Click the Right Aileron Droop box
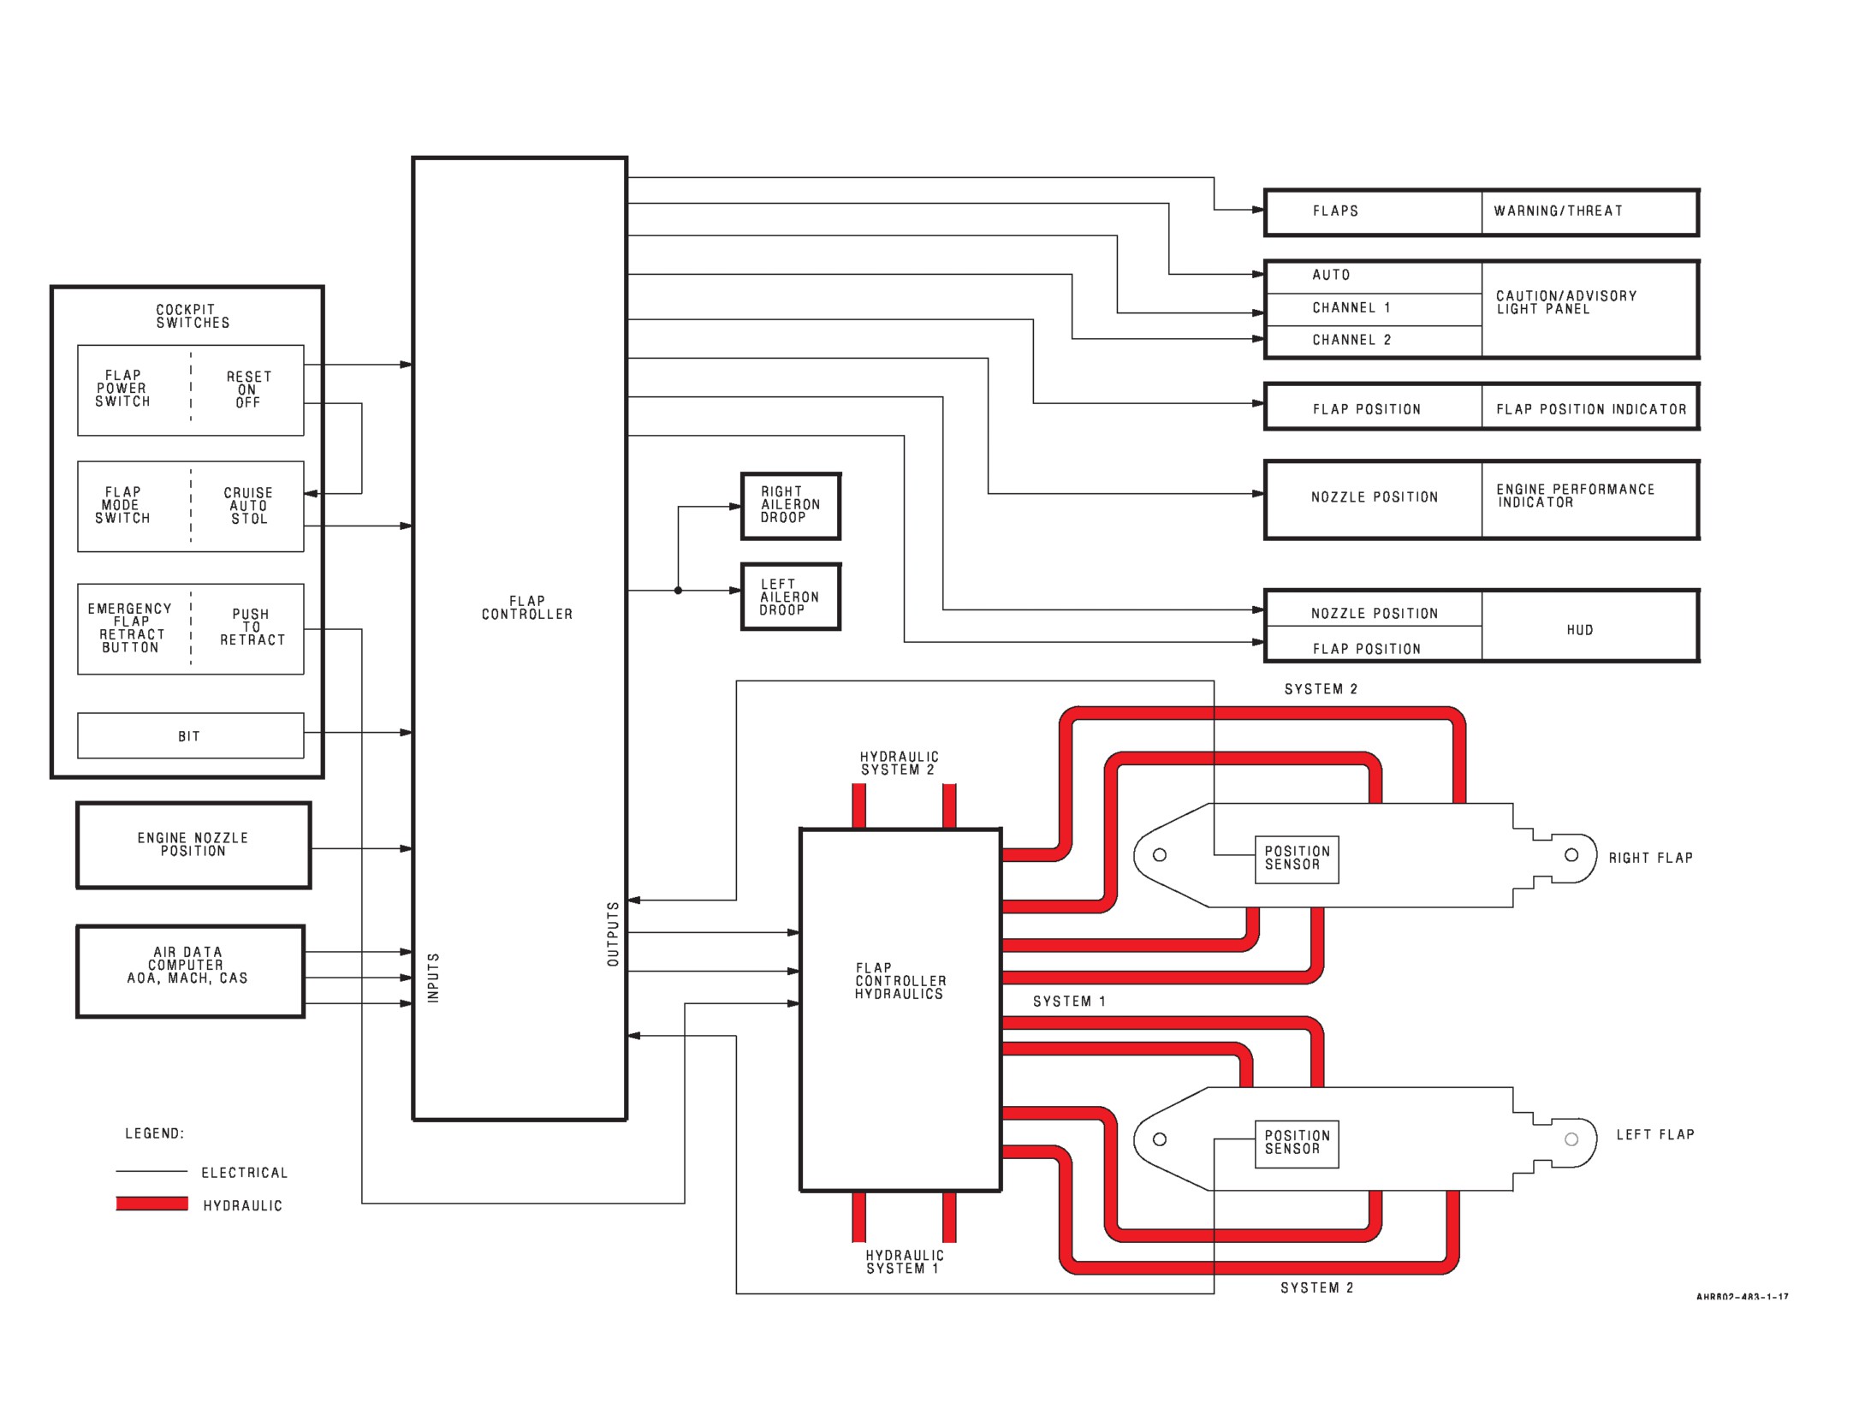[x=791, y=506]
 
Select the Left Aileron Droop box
[x=791, y=597]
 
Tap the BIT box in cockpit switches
[x=190, y=735]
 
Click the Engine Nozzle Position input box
[x=193, y=845]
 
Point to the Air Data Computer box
[x=190, y=971]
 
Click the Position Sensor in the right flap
[x=1296, y=859]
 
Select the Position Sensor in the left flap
[x=1296, y=1143]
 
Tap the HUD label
[x=1580, y=630]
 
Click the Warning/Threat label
[x=1558, y=211]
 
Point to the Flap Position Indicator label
[x=1591, y=409]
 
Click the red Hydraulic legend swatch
[x=151, y=1204]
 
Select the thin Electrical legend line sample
[x=151, y=1171]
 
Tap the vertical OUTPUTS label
[x=613, y=934]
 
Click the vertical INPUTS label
[x=433, y=978]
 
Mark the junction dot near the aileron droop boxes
[x=678, y=591]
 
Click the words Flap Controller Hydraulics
[x=900, y=981]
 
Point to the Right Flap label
[x=1650, y=858]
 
